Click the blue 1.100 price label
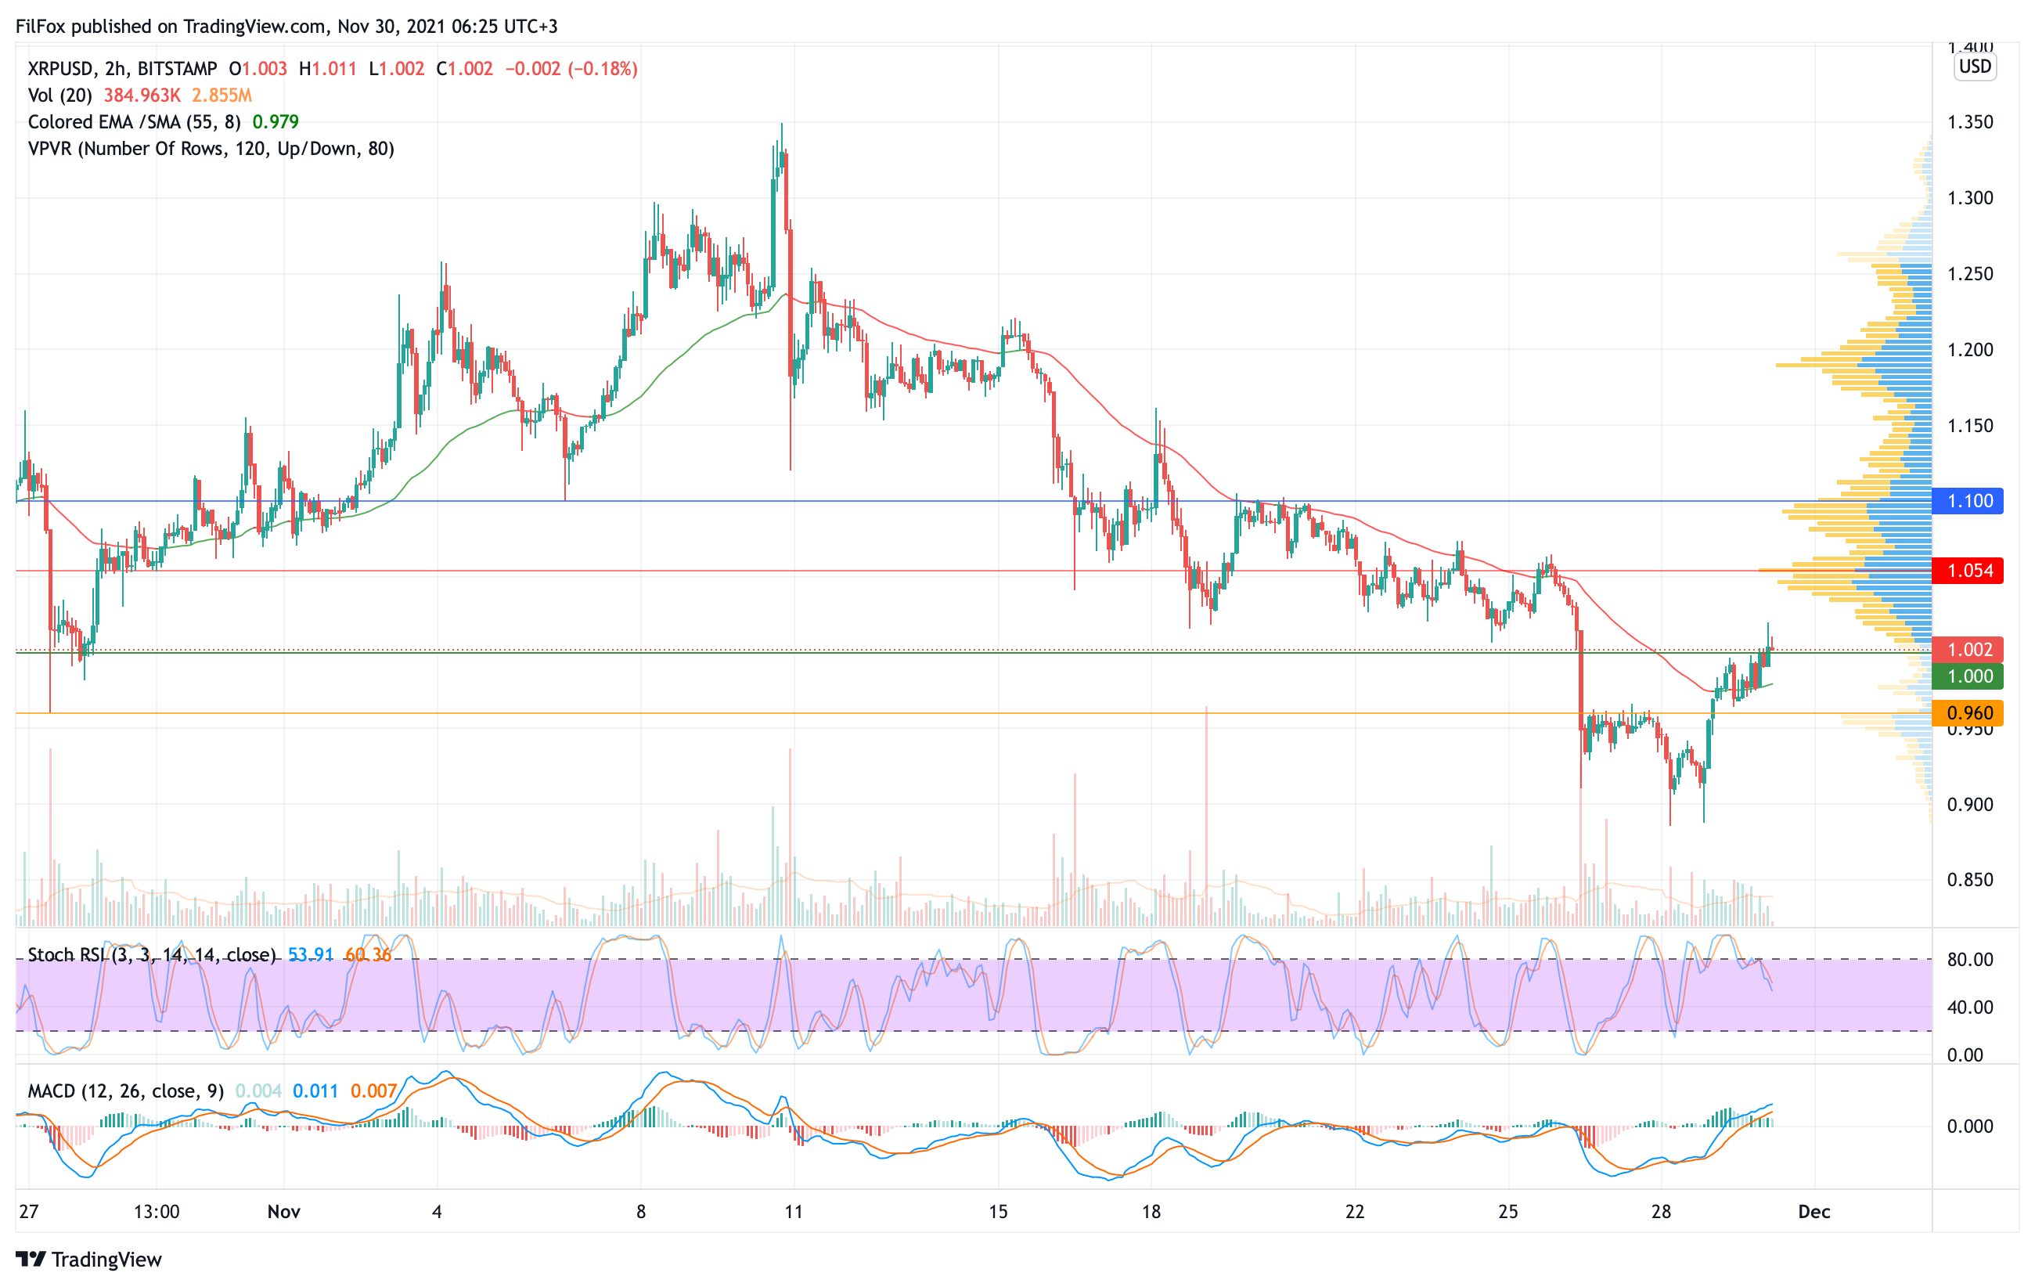[x=1968, y=501]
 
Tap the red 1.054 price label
[x=1968, y=571]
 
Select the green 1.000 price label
[x=1968, y=676]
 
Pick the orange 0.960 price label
[x=1968, y=713]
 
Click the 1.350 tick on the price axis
[x=1969, y=121]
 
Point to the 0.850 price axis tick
[x=1969, y=880]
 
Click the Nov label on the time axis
[x=284, y=1212]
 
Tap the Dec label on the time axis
[x=1813, y=1212]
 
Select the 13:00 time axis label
[x=157, y=1212]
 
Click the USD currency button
[x=1975, y=66]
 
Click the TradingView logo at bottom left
[x=88, y=1259]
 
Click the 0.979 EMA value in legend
[x=276, y=121]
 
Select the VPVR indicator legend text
[x=211, y=149]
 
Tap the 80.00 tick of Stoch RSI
[x=1969, y=959]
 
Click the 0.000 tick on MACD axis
[x=1969, y=1126]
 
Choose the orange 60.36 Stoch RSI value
[x=368, y=955]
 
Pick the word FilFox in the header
[x=41, y=26]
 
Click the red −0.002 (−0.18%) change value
[x=571, y=68]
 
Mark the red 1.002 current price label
[x=1968, y=649]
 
